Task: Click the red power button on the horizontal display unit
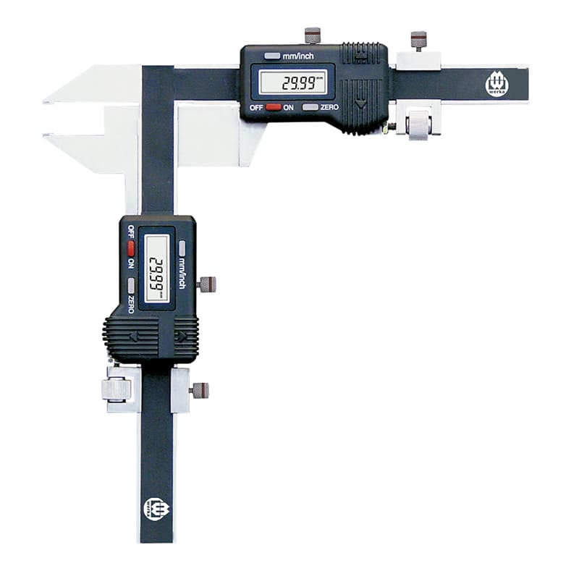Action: coord(274,107)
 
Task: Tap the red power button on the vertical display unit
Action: coord(131,248)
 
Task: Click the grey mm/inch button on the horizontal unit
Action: coord(272,56)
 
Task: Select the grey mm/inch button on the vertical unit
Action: coord(182,248)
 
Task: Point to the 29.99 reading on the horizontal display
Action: coord(299,83)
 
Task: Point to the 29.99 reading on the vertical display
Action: coord(156,274)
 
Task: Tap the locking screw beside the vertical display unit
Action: coord(206,284)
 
